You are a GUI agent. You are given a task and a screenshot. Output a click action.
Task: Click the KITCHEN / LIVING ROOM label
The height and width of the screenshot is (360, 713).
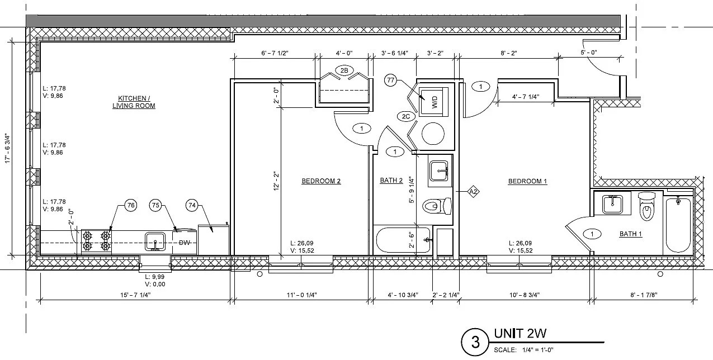click(x=134, y=102)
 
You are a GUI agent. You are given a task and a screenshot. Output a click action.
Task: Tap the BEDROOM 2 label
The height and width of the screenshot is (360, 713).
click(x=321, y=181)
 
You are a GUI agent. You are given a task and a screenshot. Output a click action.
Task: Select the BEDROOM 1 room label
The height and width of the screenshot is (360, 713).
click(x=527, y=181)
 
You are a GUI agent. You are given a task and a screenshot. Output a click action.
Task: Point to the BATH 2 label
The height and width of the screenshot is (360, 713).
click(x=391, y=181)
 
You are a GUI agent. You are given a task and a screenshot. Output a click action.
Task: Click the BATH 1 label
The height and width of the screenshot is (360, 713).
click(x=631, y=234)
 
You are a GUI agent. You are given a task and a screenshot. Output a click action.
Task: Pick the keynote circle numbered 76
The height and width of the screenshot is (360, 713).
click(x=131, y=205)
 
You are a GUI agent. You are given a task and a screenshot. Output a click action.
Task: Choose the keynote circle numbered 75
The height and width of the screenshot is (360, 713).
click(x=155, y=205)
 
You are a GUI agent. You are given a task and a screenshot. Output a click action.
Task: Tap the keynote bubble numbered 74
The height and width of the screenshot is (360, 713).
click(x=192, y=205)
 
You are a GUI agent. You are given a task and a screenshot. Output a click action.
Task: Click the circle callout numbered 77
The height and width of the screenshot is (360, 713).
click(x=390, y=80)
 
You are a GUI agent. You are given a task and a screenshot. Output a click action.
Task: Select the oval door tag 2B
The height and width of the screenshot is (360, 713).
click(x=344, y=70)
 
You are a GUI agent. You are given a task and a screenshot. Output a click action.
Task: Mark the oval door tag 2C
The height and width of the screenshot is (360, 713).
click(x=406, y=116)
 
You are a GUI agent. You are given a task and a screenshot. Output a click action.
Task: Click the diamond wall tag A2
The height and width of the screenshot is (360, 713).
click(x=473, y=192)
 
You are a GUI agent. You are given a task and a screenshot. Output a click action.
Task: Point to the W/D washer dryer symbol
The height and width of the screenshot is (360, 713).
click(x=433, y=102)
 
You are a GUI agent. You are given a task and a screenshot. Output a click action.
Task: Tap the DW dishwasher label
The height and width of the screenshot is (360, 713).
click(x=185, y=243)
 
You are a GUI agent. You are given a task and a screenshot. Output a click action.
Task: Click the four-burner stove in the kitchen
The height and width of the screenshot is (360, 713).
click(x=96, y=241)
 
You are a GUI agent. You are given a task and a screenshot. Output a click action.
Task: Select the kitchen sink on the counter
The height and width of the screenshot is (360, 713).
click(x=155, y=241)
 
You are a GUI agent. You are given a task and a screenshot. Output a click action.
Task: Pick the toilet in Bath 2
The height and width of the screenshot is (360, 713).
click(x=437, y=206)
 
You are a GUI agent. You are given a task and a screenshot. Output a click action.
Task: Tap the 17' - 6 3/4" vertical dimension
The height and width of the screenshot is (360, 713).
click(x=7, y=149)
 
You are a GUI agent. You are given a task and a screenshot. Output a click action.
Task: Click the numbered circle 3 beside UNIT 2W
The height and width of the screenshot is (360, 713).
click(x=475, y=342)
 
